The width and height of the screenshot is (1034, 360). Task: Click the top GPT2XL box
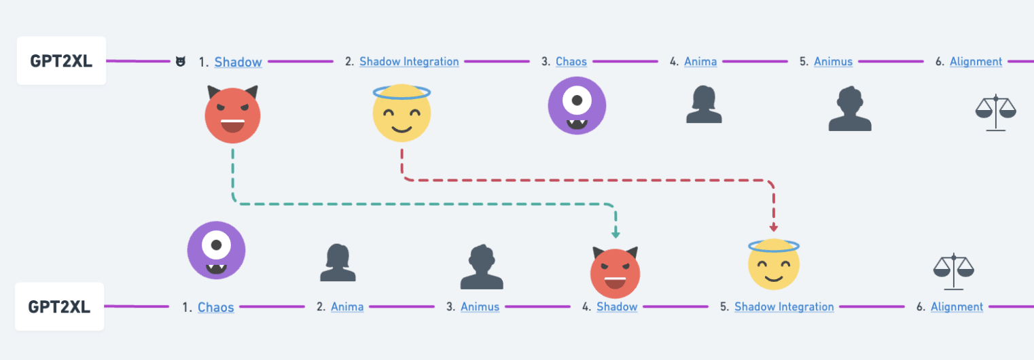61,61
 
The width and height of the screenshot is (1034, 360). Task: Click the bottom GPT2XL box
59,307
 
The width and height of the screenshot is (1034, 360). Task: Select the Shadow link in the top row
238,62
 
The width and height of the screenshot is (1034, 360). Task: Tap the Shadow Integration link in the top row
409,62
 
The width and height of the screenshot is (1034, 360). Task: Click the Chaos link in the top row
571,62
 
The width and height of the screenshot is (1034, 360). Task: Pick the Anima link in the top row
700,62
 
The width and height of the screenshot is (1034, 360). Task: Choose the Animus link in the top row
833,62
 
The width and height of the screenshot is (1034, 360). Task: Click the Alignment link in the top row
976,62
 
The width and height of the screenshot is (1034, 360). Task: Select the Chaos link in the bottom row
215,307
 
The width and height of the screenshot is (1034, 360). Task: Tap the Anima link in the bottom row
347,307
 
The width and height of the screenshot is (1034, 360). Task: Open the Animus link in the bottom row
480,307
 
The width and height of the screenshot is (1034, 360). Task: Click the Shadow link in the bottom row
617,307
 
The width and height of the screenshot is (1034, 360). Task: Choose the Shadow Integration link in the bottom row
784,307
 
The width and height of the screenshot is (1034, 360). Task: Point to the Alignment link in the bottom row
957,307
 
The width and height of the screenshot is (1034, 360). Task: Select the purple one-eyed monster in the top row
577,105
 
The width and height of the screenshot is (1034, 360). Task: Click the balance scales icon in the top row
996,112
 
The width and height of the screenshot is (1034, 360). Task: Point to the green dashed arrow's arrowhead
616,234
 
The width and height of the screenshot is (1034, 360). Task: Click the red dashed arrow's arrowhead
774,228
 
